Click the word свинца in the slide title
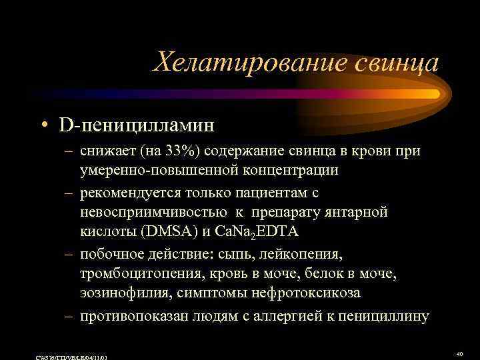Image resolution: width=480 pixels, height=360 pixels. coord(397,64)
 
